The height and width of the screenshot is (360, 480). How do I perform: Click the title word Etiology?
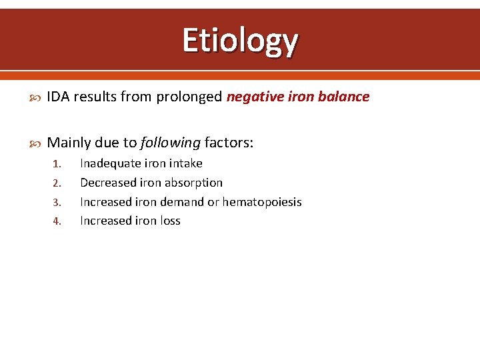[240, 40]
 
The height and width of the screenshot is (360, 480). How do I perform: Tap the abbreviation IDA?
[59, 97]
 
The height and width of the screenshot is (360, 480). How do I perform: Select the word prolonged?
[189, 97]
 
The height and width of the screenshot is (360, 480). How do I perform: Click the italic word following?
[171, 142]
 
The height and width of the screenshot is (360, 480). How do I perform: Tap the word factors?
[229, 142]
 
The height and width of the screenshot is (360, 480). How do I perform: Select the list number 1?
[57, 164]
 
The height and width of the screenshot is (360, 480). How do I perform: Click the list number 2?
[57, 183]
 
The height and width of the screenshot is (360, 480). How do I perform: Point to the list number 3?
[57, 202]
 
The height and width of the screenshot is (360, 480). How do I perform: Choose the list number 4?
[57, 221]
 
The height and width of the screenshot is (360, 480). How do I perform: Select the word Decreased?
[108, 183]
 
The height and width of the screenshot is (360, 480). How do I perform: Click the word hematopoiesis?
[262, 202]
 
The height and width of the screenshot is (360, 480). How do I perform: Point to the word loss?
[169, 221]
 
